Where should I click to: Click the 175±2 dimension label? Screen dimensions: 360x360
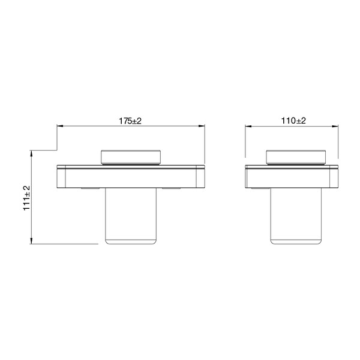pos(130,121)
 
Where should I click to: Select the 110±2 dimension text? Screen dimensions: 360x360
pos(294,121)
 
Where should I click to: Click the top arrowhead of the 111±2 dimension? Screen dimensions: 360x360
pos(32,153)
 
